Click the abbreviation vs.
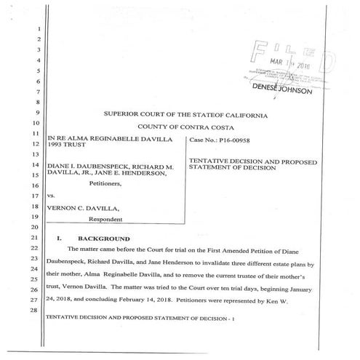click(x=51, y=196)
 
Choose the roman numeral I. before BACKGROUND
click(x=60, y=239)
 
